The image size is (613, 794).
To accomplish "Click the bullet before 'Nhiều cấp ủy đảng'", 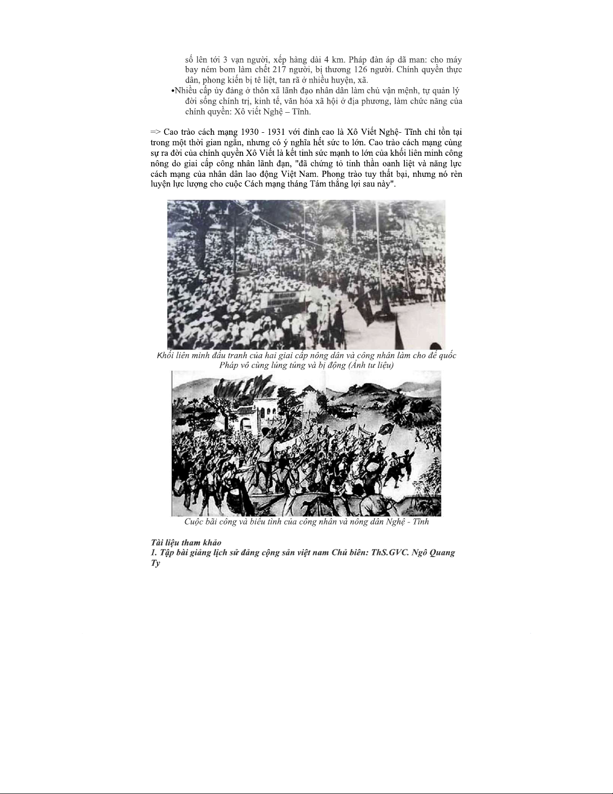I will click(173, 91).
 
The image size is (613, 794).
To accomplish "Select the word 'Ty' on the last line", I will click(156, 563).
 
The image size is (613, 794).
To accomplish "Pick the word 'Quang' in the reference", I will click(441, 553).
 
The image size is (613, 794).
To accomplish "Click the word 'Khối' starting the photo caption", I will click(166, 355).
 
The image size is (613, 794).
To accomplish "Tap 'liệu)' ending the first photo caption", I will click(383, 365).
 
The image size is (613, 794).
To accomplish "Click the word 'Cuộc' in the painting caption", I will click(194, 521).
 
